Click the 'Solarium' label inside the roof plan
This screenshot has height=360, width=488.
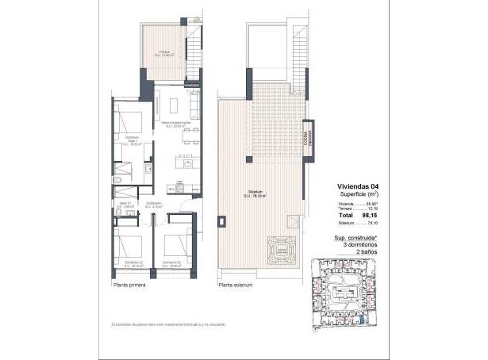click(x=256, y=192)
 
